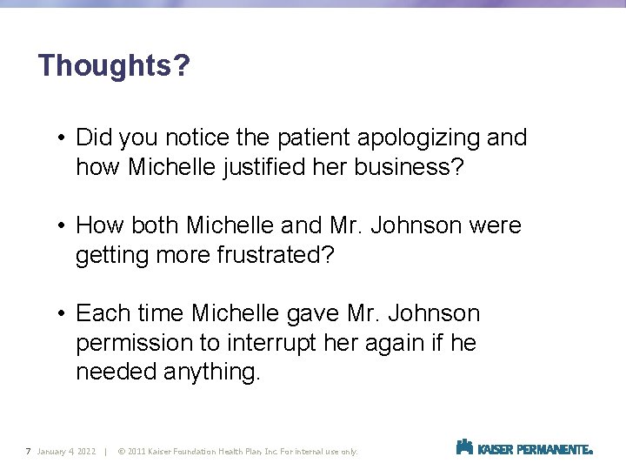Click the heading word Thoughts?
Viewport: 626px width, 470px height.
click(x=114, y=65)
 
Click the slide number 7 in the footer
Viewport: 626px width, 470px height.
click(x=29, y=451)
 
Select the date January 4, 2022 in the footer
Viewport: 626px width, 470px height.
click(x=66, y=451)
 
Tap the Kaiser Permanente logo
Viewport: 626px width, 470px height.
click(x=524, y=448)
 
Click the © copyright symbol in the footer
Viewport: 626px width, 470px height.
click(x=120, y=451)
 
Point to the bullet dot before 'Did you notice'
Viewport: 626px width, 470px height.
click(x=63, y=138)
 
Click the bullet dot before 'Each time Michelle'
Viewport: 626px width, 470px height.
click(x=63, y=313)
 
